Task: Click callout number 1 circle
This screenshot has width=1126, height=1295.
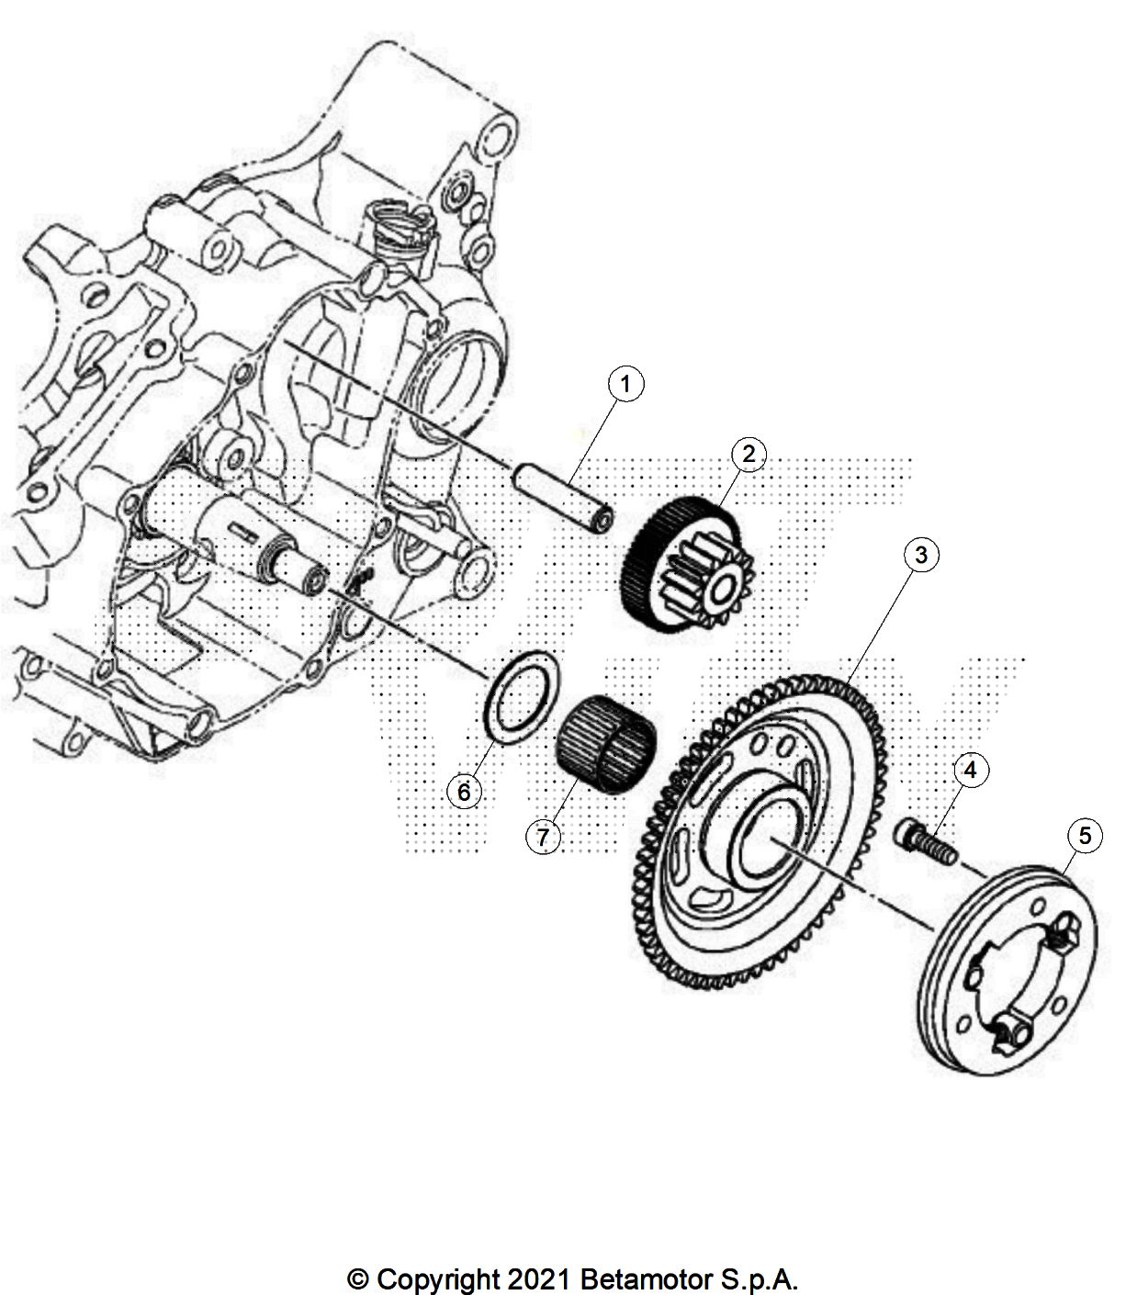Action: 625,384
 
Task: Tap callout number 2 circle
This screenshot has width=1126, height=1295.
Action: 749,453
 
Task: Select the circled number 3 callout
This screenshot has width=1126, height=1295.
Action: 921,554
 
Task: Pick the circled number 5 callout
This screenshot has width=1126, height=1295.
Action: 1085,836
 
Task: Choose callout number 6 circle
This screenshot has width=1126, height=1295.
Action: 464,790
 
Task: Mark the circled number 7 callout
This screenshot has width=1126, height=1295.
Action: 543,837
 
